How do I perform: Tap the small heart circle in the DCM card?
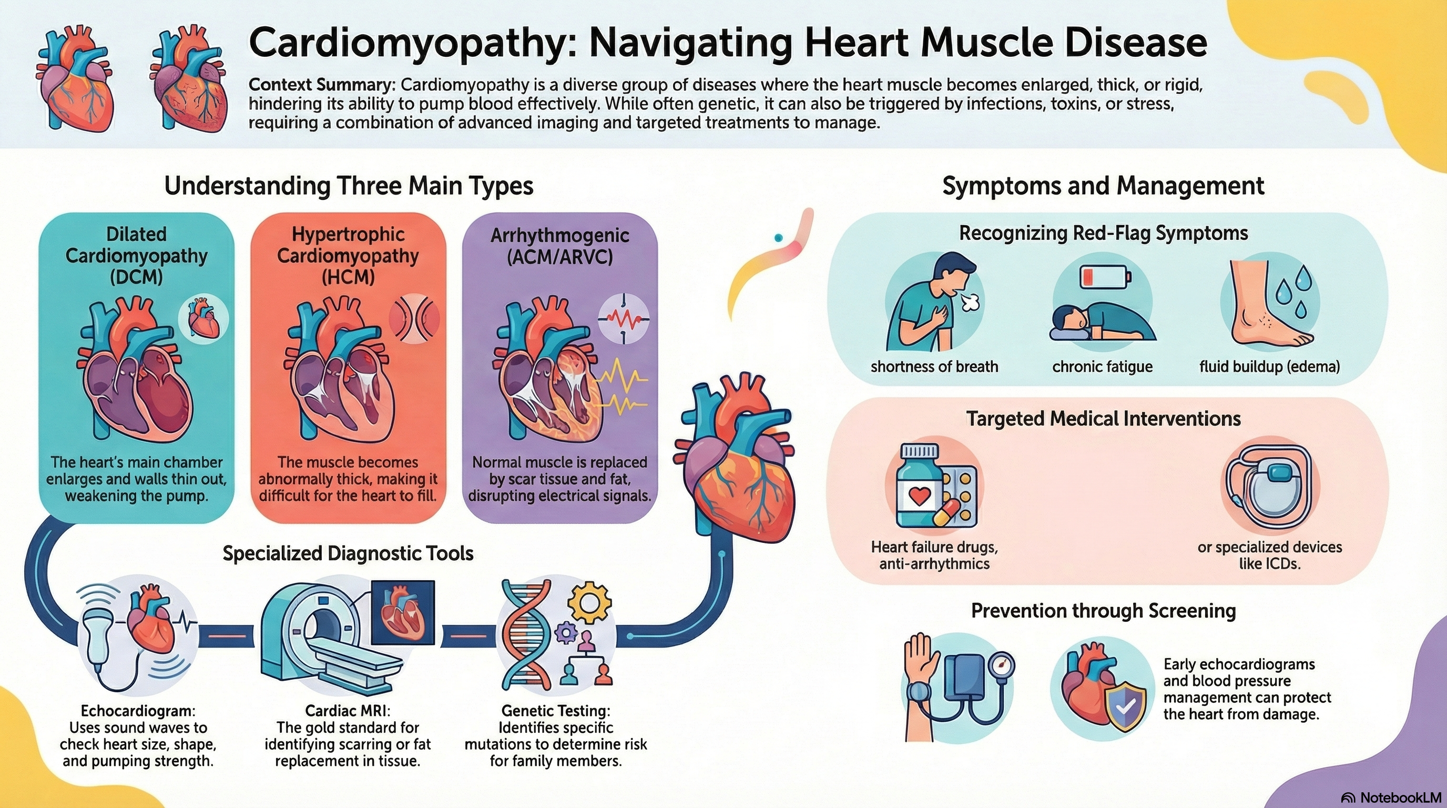203,319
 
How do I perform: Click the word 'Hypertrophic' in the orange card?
348,234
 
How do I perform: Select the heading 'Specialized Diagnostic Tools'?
348,553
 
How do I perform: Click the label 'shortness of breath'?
934,367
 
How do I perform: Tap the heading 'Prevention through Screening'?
1103,611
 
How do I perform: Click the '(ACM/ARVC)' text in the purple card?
559,257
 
